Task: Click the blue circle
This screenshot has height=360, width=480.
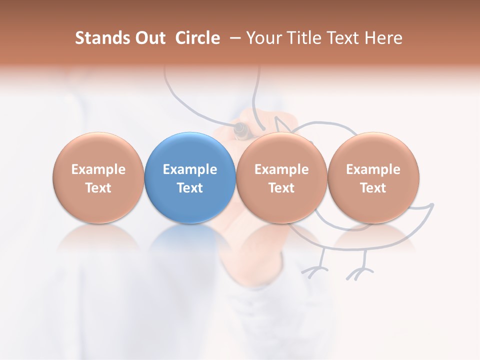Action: pos(190,177)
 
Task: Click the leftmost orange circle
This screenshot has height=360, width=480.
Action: pos(98,177)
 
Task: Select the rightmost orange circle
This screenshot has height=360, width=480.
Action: pos(373,177)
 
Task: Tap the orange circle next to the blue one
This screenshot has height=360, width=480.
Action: pos(281,177)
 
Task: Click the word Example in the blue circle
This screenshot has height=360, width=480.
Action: pos(190,169)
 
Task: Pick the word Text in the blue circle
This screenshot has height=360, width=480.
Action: pos(190,188)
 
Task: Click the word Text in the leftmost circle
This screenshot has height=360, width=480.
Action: pos(98,188)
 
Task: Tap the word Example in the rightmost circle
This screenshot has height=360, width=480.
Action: pos(373,169)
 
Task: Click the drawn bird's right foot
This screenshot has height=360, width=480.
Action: pos(360,273)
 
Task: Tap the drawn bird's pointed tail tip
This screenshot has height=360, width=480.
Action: pos(432,204)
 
